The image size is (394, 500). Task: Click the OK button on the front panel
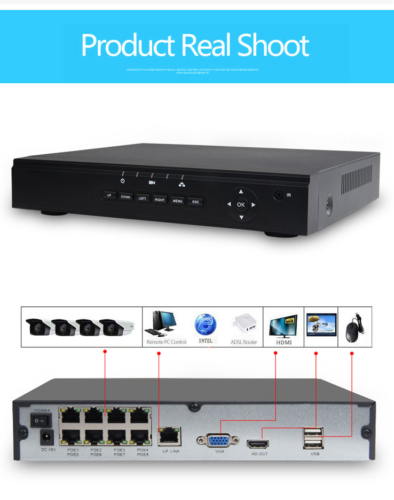pyautogui.click(x=240, y=204)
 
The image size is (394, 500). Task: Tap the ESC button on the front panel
pyautogui.click(x=195, y=202)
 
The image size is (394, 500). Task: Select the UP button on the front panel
pyautogui.click(x=109, y=195)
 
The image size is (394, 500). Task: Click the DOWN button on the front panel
pyautogui.click(x=125, y=197)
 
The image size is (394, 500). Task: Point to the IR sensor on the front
pyautogui.click(x=278, y=195)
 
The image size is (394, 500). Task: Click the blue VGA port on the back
pyautogui.click(x=219, y=440)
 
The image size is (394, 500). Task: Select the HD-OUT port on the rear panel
pyautogui.click(x=258, y=443)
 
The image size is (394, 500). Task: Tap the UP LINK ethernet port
pyautogui.click(x=170, y=436)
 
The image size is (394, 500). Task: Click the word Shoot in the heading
pyautogui.click(x=273, y=46)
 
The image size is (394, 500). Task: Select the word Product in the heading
pyautogui.click(x=128, y=46)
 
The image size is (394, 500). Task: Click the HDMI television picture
pyautogui.click(x=283, y=324)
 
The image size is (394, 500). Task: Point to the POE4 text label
pyautogui.click(x=142, y=450)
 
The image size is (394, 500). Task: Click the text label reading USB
pyautogui.click(x=315, y=454)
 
